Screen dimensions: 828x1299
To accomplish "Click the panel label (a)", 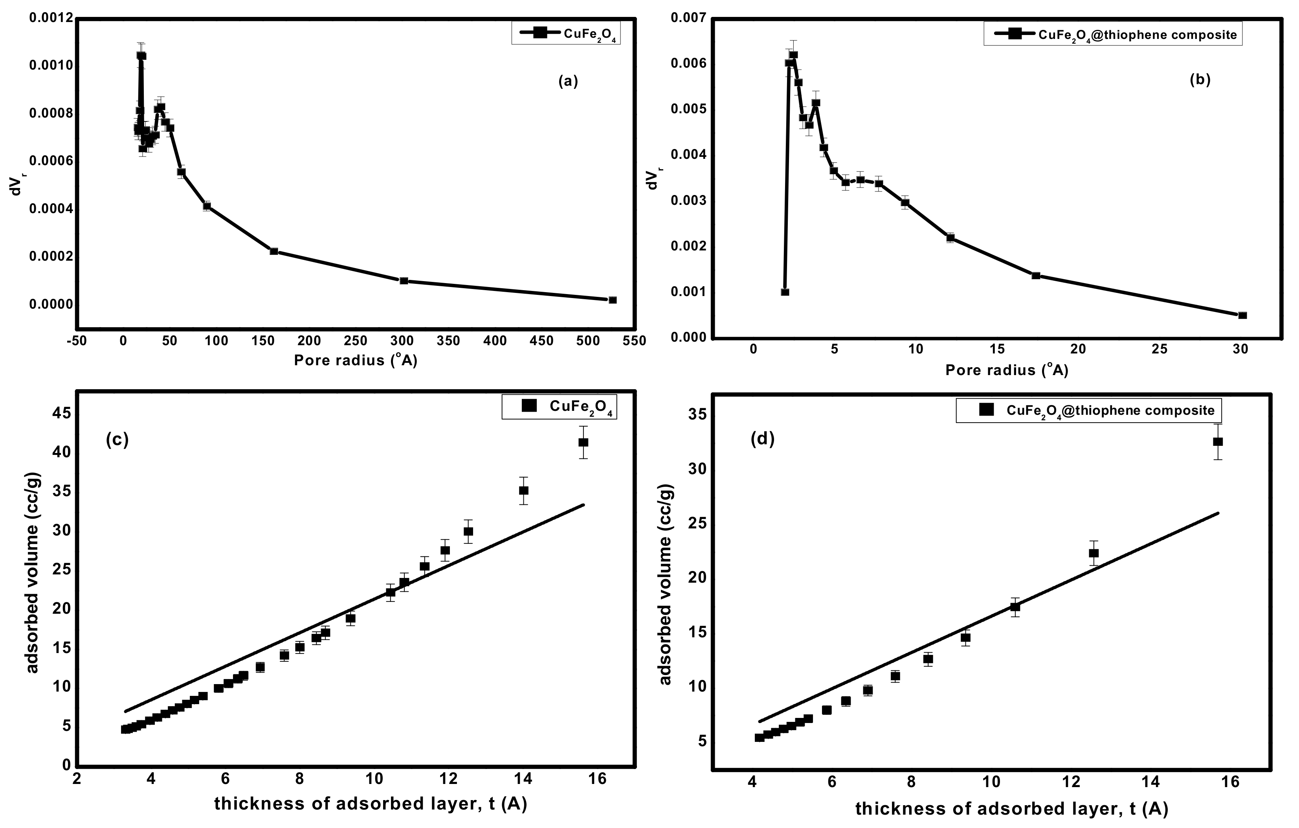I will pyautogui.click(x=568, y=81).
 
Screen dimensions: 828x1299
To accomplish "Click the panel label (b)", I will pyautogui.click(x=1200, y=80).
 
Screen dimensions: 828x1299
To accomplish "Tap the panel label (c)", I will pyautogui.click(x=117, y=440).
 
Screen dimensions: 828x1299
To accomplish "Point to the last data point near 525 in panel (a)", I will pyautogui.click(x=612, y=300).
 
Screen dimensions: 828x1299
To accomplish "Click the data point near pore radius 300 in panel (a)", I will pyautogui.click(x=404, y=281).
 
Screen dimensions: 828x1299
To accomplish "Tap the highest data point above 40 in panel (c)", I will pyautogui.click(x=583, y=442).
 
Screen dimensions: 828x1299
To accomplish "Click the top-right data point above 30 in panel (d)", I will pyautogui.click(x=1218, y=442).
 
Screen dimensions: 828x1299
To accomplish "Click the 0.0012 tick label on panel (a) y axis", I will pyautogui.click(x=50, y=18).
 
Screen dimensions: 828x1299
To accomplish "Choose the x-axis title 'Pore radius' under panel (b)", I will pyautogui.click(x=1006, y=370).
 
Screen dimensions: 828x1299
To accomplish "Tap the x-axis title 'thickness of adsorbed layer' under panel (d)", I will pyautogui.click(x=1011, y=809).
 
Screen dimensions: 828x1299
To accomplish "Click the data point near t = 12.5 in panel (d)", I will pyautogui.click(x=1094, y=553).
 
